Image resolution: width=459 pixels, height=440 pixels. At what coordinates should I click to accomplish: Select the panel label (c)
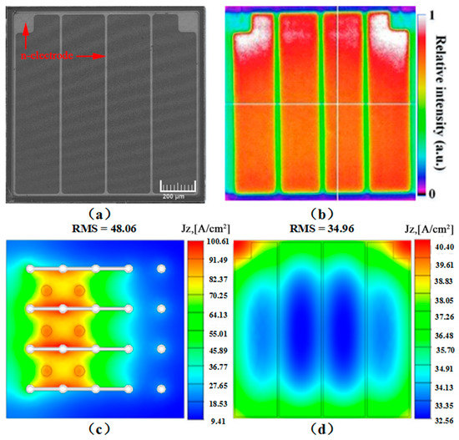coord(98,431)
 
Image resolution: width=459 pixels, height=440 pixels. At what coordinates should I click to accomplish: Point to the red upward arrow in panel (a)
coord(27,33)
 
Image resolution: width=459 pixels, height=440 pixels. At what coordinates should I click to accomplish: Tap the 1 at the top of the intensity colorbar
coord(431,15)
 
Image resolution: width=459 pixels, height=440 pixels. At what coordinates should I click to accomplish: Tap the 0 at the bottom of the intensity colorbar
coord(431,194)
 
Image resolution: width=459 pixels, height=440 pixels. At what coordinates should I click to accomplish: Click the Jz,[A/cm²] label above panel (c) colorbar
coord(210,227)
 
